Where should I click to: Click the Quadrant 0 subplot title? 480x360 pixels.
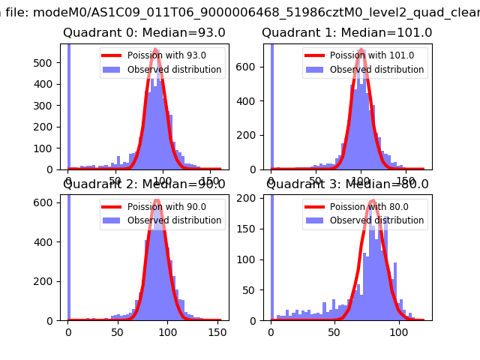(x=144, y=33)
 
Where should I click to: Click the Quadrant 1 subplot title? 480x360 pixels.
(x=346, y=33)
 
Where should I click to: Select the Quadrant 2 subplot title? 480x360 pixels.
(x=144, y=184)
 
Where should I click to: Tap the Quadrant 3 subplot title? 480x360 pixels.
(x=347, y=184)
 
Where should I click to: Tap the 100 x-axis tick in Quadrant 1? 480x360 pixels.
(x=361, y=181)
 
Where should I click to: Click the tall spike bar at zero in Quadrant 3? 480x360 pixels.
(x=272, y=255)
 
